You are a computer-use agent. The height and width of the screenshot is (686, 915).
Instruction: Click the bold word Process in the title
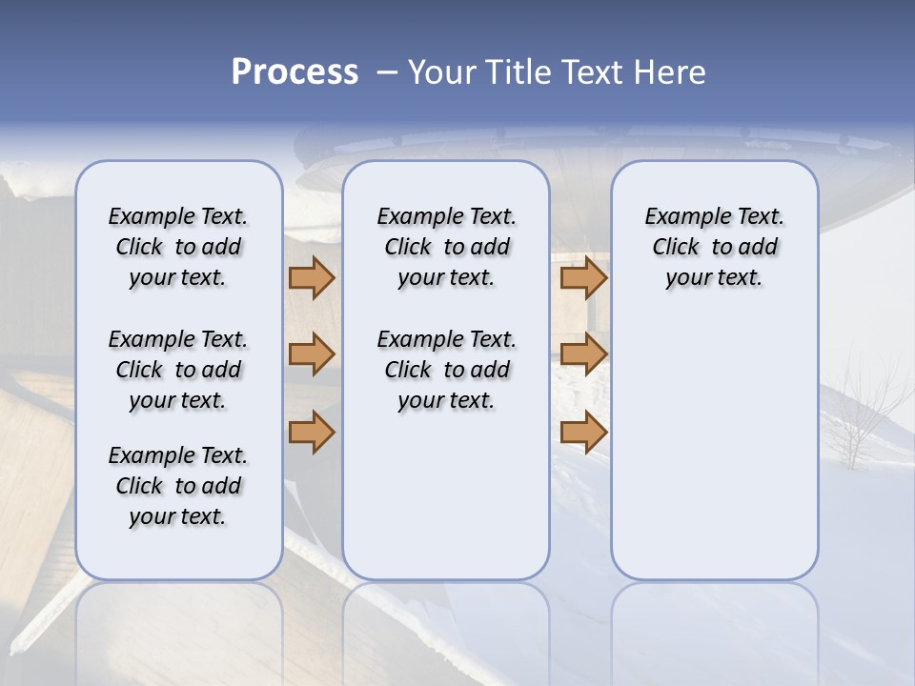[295, 72]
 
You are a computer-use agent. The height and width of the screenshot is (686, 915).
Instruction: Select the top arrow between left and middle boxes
[312, 277]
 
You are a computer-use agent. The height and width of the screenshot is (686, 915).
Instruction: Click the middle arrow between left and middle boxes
[312, 354]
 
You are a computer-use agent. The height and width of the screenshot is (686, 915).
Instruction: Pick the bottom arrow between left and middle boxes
[312, 432]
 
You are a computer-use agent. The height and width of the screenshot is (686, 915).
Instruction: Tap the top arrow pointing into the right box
[583, 277]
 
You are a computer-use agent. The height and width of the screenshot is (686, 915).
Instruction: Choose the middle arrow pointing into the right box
[583, 354]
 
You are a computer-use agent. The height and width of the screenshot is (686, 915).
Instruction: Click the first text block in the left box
[178, 247]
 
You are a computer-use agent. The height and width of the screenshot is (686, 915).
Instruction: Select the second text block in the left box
[178, 370]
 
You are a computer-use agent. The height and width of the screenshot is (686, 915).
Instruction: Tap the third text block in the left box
[178, 486]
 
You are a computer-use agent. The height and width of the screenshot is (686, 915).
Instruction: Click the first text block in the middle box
[446, 247]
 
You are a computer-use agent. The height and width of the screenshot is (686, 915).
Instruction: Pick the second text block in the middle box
[446, 370]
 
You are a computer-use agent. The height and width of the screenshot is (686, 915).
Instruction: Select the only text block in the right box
[714, 247]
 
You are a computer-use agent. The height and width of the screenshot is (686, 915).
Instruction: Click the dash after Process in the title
[387, 72]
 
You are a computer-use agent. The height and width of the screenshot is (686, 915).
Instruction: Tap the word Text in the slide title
[594, 72]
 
